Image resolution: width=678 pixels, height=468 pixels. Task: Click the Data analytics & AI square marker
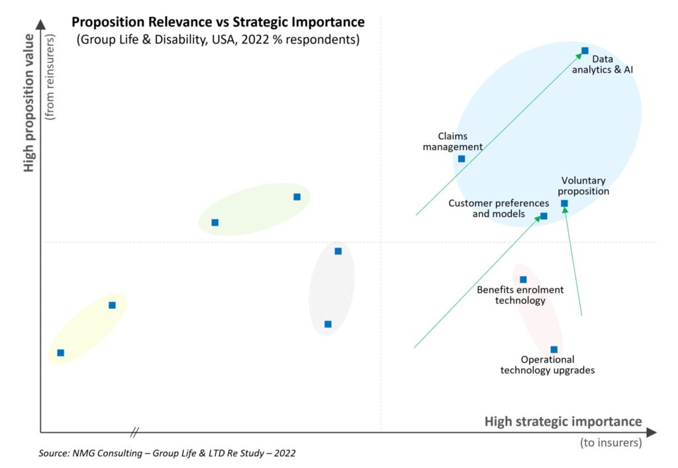[585, 50]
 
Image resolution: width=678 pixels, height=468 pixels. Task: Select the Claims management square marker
[461, 158]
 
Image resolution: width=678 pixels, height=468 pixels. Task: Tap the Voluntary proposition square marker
[564, 203]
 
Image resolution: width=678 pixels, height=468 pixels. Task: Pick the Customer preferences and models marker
[544, 216]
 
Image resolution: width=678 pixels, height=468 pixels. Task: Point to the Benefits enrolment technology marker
[523, 279]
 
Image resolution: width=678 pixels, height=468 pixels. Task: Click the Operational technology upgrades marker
[554, 350]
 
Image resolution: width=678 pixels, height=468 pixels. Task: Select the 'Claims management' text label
[453, 141]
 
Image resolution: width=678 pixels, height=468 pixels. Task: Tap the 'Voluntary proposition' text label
[583, 185]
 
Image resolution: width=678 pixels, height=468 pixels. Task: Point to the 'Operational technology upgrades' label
[547, 365]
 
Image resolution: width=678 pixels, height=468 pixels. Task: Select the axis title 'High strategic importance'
[563, 422]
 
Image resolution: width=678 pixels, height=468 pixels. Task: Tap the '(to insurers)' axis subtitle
[610, 443]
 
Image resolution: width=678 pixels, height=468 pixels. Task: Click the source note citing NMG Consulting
[167, 453]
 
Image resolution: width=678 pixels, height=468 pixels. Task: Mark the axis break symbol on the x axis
[134, 432]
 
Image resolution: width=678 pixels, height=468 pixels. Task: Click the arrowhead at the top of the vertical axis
[40, 24]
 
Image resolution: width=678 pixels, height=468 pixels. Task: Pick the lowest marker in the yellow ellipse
[60, 353]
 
